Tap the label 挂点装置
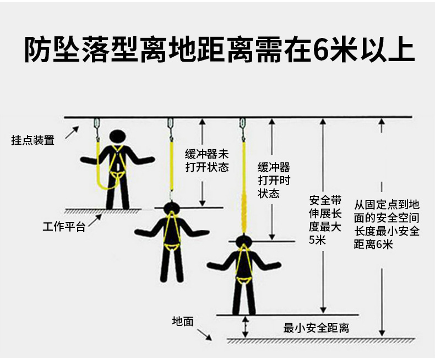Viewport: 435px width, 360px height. pyautogui.click(x=33, y=140)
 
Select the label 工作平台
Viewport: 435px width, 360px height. pyautogui.click(x=64, y=227)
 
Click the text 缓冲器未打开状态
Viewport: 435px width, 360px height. pyautogui.click(x=206, y=160)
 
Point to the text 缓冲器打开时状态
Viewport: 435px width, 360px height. pyautogui.click(x=274, y=180)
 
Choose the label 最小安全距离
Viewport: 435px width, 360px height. pyautogui.click(x=316, y=329)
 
